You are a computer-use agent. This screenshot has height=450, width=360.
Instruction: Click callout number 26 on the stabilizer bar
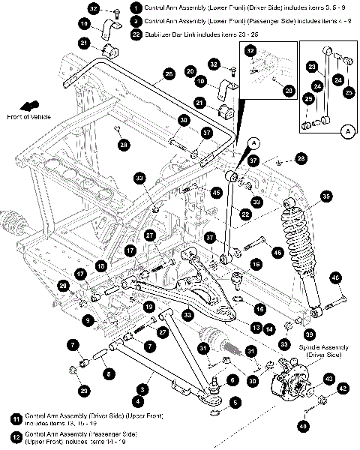coord(169,73)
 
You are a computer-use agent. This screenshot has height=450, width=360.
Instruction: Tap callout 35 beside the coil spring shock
coord(325,196)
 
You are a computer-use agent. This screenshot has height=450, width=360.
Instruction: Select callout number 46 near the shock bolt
coord(336,278)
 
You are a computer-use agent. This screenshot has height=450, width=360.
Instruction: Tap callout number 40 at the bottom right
coord(304,427)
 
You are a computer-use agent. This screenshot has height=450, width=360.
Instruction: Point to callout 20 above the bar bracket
coord(191,70)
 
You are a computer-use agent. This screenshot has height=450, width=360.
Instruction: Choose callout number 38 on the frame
coord(183,120)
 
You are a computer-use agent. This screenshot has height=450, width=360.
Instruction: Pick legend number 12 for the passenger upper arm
coord(15,435)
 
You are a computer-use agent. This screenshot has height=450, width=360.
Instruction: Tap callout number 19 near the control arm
coord(149,307)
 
